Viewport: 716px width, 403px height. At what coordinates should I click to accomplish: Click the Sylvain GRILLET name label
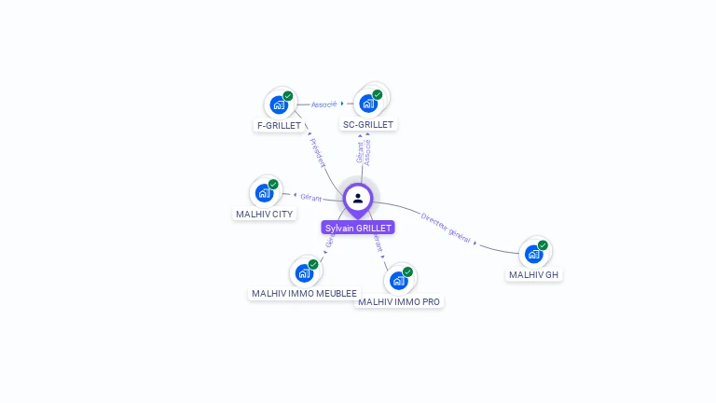click(358, 228)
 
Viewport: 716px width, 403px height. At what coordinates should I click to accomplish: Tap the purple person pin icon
click(358, 199)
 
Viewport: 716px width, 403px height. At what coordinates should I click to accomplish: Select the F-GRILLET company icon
click(278, 104)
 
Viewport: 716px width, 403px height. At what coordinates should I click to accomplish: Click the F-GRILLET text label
click(278, 125)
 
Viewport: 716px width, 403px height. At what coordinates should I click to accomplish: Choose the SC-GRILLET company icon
click(367, 104)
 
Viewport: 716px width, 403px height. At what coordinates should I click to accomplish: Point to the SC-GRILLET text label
click(368, 125)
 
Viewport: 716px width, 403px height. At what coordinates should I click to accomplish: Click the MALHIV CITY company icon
click(264, 194)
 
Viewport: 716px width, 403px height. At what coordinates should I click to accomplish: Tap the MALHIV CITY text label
click(264, 215)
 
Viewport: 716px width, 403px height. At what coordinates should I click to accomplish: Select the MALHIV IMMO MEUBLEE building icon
click(303, 273)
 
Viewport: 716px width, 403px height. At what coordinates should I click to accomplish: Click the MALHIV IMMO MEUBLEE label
click(304, 294)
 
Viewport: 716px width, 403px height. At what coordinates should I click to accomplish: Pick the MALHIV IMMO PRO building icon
click(398, 281)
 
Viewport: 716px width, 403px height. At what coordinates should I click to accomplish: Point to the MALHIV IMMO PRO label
click(399, 302)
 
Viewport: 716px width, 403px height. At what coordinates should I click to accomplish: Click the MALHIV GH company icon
click(533, 254)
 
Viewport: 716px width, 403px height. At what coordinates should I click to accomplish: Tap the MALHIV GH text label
click(534, 275)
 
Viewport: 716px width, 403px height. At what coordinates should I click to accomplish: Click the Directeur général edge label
click(445, 228)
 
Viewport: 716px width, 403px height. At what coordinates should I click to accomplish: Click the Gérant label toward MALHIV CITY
click(310, 198)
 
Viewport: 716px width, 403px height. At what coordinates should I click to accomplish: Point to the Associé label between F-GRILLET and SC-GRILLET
click(324, 104)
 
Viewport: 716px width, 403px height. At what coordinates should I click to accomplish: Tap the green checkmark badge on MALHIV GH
click(543, 245)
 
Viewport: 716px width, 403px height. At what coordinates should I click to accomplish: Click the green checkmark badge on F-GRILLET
click(288, 96)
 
